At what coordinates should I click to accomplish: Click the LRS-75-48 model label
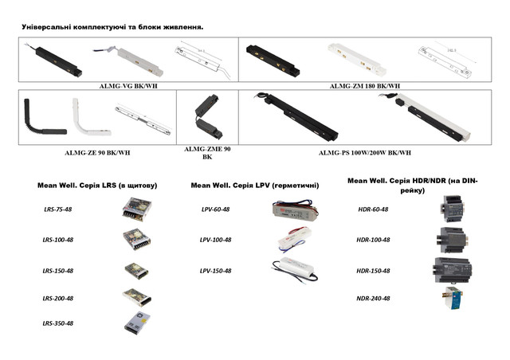point(58,209)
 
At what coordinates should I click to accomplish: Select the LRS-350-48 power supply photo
point(137,323)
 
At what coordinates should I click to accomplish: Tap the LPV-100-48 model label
point(215,240)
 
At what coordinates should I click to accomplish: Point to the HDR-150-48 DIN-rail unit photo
point(452,270)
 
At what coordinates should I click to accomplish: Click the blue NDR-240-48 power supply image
point(453,298)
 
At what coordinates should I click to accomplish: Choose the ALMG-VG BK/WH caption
point(128,86)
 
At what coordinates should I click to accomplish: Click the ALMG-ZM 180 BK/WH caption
point(365,86)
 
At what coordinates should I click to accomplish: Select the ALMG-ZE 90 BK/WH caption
point(97,152)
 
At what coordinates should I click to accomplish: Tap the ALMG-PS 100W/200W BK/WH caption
point(365,152)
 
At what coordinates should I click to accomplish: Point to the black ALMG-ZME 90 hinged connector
point(208,117)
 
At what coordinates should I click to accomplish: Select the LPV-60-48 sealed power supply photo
point(295,209)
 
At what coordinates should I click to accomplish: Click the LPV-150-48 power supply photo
point(295,269)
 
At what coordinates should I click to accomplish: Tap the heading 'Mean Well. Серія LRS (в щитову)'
point(97,186)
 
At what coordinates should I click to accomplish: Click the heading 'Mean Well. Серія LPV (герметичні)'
point(255,186)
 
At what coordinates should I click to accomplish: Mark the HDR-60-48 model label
point(373,209)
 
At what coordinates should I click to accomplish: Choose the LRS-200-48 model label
point(58,298)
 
